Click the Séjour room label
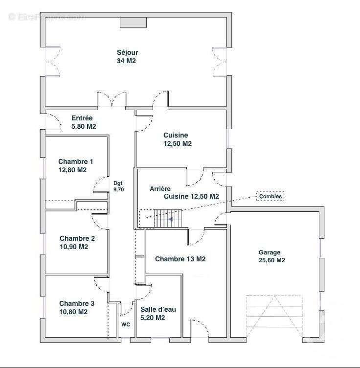(x=127, y=53)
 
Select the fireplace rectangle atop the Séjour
(x=133, y=23)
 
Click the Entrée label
(x=82, y=118)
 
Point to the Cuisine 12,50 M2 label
(x=177, y=139)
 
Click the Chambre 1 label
(x=75, y=161)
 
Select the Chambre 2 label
(x=77, y=238)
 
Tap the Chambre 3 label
(x=77, y=303)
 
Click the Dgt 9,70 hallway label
(x=119, y=186)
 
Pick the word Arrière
(x=160, y=188)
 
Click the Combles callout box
(x=270, y=196)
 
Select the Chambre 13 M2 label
(x=180, y=259)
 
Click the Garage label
(x=270, y=253)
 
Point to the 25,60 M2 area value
(x=271, y=260)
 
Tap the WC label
(x=126, y=324)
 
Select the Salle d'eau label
(x=158, y=309)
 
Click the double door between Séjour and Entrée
(x=112, y=100)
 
